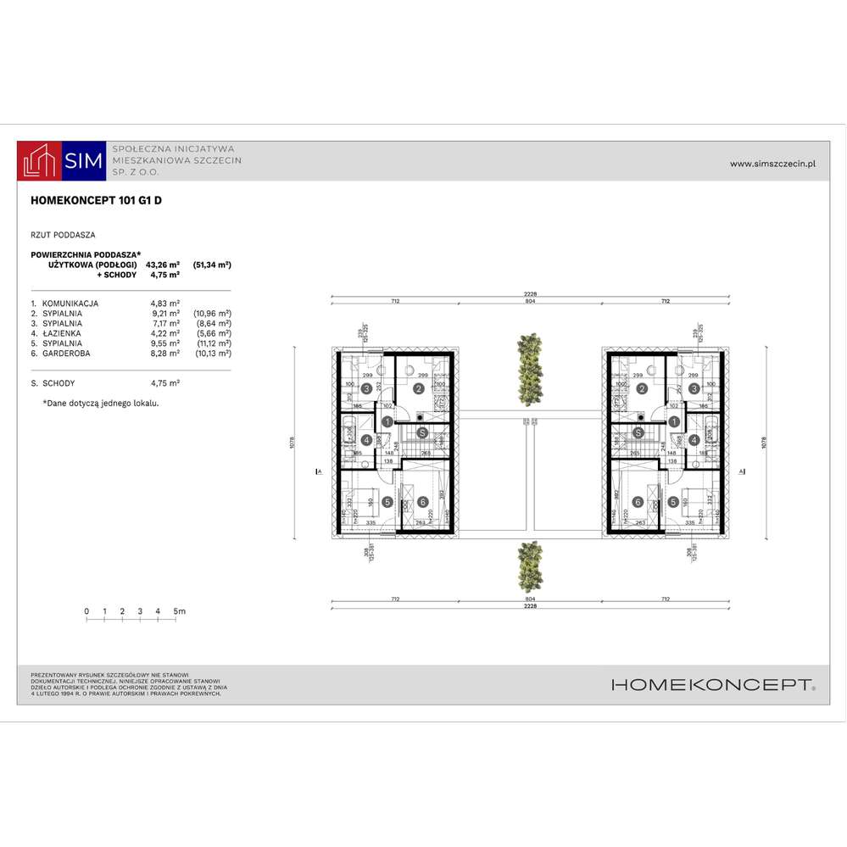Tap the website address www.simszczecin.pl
click(772, 164)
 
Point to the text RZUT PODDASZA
click(63, 234)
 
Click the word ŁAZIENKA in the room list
click(66, 333)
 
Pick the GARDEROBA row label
click(69, 354)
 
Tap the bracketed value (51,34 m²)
click(212, 265)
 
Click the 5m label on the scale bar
click(179, 610)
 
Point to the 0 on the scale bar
click(86, 610)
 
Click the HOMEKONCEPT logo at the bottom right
click(713, 685)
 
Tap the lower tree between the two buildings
click(529, 566)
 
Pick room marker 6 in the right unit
click(638, 502)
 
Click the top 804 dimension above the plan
click(529, 300)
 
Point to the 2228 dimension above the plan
click(530, 293)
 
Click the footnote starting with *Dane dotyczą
click(101, 404)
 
